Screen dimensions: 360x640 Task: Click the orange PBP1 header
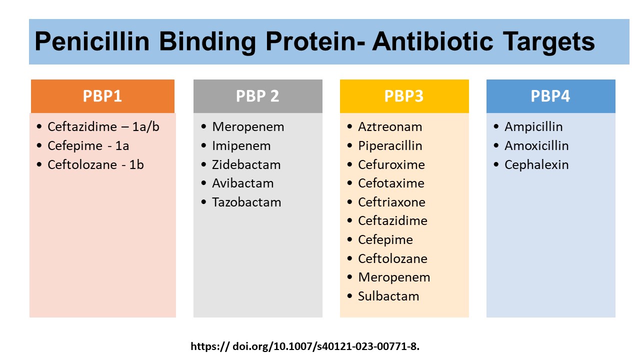tap(102, 96)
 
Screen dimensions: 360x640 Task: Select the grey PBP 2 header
tap(257, 96)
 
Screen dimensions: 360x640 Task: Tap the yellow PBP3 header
tap(404, 96)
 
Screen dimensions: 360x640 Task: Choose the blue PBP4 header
tap(550, 96)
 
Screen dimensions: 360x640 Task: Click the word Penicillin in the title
tap(92, 42)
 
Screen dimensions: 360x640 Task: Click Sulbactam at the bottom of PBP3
tap(388, 296)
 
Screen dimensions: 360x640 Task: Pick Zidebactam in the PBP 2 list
tap(246, 164)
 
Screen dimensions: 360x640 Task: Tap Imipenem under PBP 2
tap(241, 146)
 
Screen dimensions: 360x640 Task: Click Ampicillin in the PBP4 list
tap(533, 127)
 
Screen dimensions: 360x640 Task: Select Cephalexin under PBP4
tap(536, 164)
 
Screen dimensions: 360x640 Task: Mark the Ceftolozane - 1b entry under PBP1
tap(95, 164)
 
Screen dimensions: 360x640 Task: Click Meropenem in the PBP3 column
tap(394, 277)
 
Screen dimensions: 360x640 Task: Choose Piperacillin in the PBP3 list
tap(390, 146)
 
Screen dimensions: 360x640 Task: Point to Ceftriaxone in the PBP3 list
tap(391, 202)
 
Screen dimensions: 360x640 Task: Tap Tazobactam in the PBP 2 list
tap(246, 202)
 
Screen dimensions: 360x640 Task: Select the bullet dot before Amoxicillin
tap(495, 146)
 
